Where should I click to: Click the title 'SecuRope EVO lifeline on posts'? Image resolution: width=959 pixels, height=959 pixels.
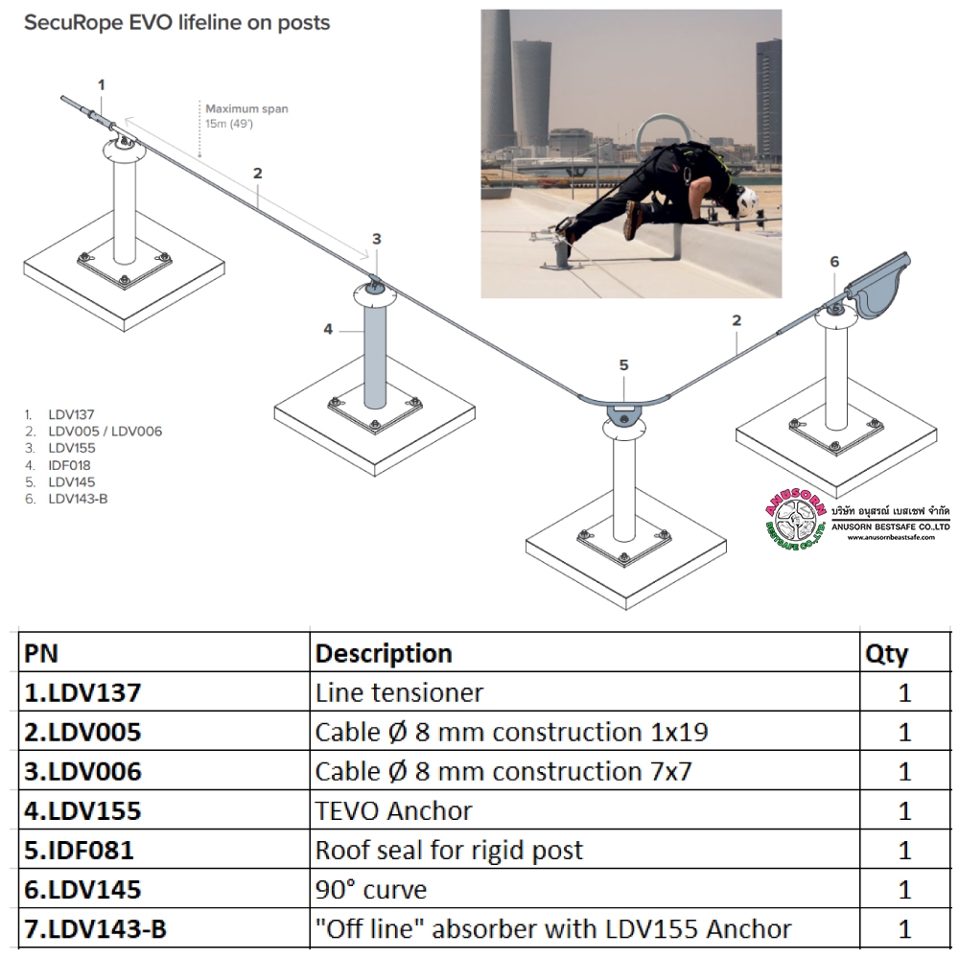[176, 23]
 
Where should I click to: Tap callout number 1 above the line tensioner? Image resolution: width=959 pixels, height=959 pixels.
[101, 85]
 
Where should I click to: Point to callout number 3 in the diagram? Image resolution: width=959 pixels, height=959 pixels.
[377, 239]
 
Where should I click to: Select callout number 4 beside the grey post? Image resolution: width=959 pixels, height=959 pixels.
[328, 329]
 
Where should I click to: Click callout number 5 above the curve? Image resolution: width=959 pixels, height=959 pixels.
[623, 364]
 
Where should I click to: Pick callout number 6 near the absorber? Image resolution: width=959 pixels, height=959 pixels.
[833, 261]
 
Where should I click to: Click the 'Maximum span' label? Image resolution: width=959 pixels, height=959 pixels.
[246, 108]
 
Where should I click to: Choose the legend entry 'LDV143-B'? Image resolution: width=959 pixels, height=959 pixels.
[78, 499]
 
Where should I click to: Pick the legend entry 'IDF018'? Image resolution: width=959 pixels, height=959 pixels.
[69, 465]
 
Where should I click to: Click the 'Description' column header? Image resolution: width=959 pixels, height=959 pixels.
[384, 654]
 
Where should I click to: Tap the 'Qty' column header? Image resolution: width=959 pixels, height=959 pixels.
[886, 654]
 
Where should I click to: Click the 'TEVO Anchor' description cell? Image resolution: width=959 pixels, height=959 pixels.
[393, 810]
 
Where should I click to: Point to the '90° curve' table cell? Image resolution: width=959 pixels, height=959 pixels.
[370, 889]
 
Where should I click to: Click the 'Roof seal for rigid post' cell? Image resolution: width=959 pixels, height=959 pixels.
[449, 850]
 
